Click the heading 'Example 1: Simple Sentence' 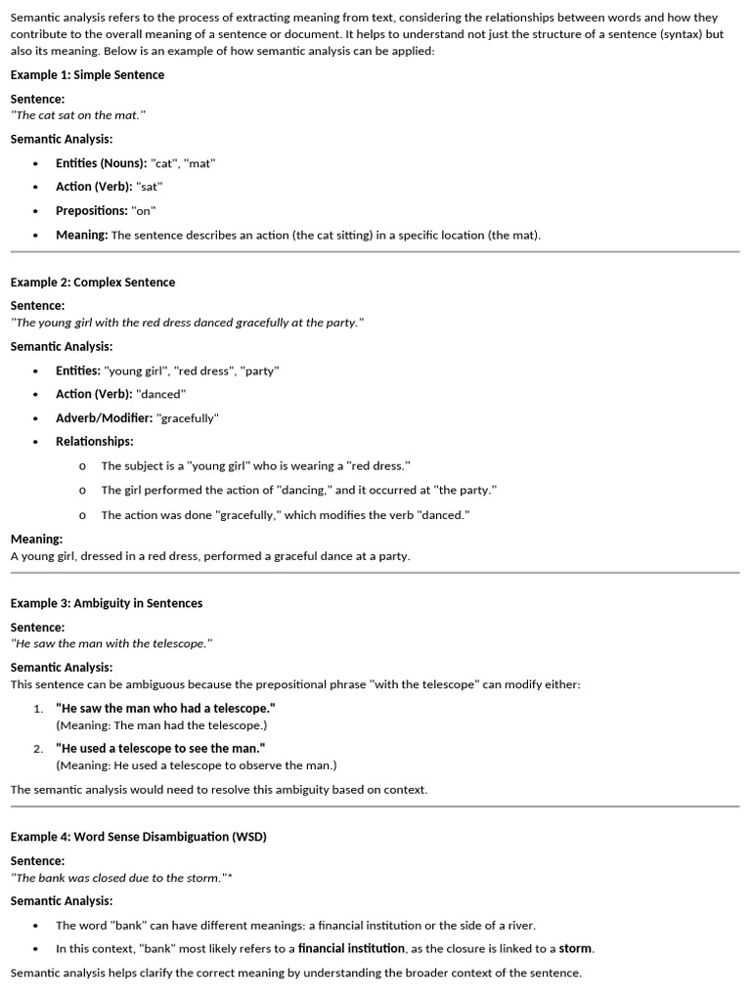[87, 75]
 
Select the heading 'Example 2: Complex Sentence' [93, 283]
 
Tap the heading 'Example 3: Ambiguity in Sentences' [107, 603]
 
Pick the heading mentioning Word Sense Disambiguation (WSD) [138, 837]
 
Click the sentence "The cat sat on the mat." [78, 115]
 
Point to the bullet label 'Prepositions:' [92, 211]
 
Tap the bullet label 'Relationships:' [95, 442]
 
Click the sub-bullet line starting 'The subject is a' [255, 466]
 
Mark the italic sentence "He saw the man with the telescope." [111, 643]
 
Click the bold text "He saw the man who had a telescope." [165, 708]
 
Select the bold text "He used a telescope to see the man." [160, 748]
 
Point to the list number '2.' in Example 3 [38, 749]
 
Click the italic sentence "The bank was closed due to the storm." [118, 878]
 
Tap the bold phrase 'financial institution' [351, 948]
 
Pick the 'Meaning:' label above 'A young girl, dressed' [37, 539]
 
